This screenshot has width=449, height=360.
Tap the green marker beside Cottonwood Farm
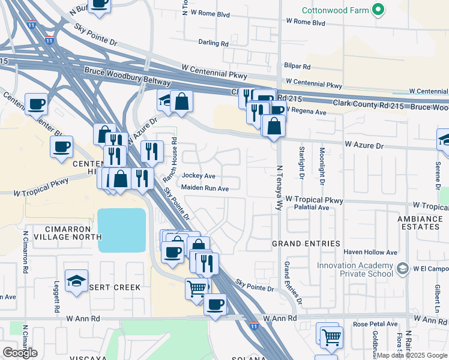pyautogui.click(x=378, y=10)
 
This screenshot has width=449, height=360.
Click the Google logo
pyautogui.click(x=20, y=352)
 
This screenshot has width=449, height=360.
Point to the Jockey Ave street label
pyautogui.click(x=198, y=176)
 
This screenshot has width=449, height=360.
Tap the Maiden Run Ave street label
pyautogui.click(x=205, y=188)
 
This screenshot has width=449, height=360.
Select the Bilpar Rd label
pyautogui.click(x=298, y=67)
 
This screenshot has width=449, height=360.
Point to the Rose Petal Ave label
pyautogui.click(x=375, y=324)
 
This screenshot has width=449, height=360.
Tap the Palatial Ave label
pyautogui.click(x=312, y=208)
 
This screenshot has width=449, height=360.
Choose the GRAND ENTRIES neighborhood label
pyautogui.click(x=306, y=244)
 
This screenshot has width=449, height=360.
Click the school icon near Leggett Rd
pyautogui.click(x=76, y=281)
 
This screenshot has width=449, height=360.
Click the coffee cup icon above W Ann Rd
pyautogui.click(x=215, y=303)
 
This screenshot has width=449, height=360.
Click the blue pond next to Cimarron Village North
pyautogui.click(x=122, y=230)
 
